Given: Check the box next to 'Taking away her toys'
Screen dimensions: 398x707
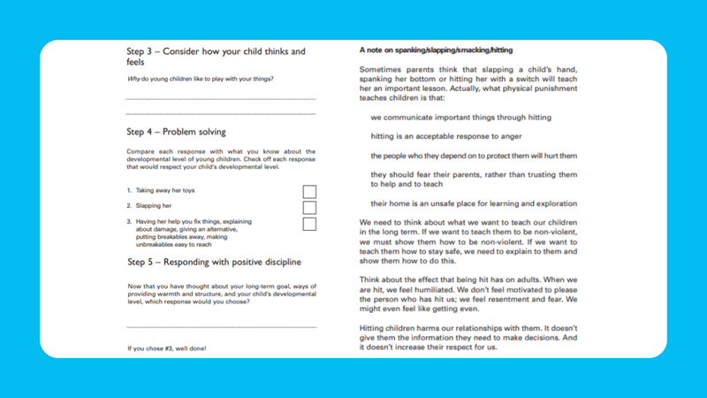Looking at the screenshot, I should (309, 191).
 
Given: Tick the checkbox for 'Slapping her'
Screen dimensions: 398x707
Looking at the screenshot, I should (309, 207).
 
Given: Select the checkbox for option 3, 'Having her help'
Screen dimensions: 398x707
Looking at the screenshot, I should (309, 223).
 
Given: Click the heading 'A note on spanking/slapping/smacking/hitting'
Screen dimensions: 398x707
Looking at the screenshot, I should (437, 50).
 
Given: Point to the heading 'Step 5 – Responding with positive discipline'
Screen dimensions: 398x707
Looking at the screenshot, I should (214, 263).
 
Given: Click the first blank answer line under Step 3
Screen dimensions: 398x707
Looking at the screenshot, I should (221, 97).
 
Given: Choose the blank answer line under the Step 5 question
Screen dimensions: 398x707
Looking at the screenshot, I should (221, 328).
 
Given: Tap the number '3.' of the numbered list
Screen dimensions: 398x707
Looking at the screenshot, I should (129, 220).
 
